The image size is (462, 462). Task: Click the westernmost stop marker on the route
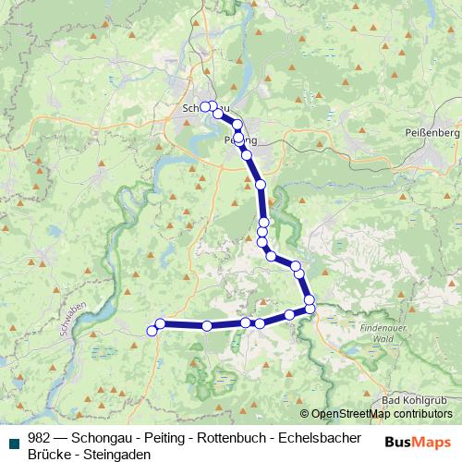click(x=152, y=331)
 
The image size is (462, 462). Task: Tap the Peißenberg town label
click(x=432, y=133)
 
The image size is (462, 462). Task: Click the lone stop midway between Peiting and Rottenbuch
click(x=261, y=185)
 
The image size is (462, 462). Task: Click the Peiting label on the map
click(x=240, y=140)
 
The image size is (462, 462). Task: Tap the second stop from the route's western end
click(x=161, y=323)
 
